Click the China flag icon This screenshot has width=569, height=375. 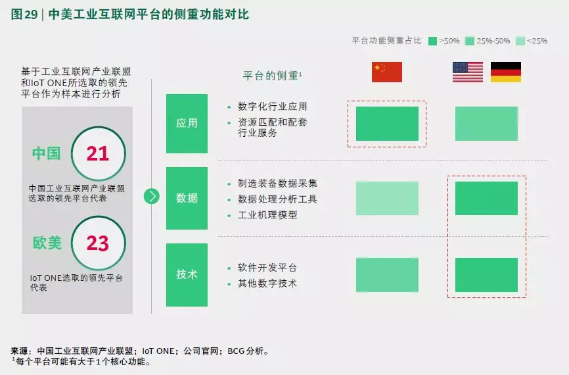coord(387,72)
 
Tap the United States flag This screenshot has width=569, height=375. coord(468,72)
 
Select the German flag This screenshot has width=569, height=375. coord(506,72)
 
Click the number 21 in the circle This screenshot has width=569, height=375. coord(98,153)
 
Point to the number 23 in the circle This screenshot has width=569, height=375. coord(98,243)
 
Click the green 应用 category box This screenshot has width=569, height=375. coord(187,124)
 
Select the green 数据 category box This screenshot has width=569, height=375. coord(187,198)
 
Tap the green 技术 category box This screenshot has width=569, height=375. coord(187,275)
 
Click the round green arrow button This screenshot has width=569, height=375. coord(152,196)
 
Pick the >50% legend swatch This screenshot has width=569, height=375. coord(432,41)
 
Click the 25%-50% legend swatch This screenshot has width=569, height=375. coord(470,41)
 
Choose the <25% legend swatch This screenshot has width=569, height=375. coord(520,41)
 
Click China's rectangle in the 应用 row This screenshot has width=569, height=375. coord(387,124)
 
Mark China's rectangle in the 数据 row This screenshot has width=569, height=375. coord(387,199)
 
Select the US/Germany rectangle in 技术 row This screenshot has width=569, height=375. coord(486,275)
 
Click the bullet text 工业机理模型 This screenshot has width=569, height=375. coord(267,215)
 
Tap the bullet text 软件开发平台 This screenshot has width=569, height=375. coord(267,268)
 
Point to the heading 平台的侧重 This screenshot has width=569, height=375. coord(270,76)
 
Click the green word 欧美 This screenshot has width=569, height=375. coord(47,243)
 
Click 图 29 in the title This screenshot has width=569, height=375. coord(24,14)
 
